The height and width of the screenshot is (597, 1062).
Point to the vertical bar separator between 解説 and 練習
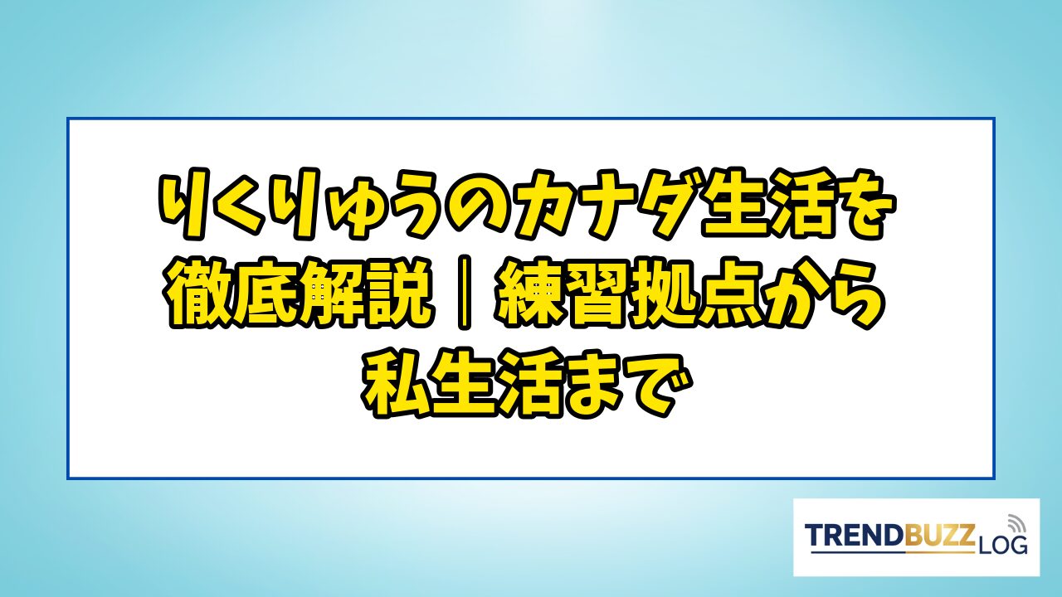click(464, 293)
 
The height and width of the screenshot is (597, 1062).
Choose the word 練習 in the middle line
click(562, 293)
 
